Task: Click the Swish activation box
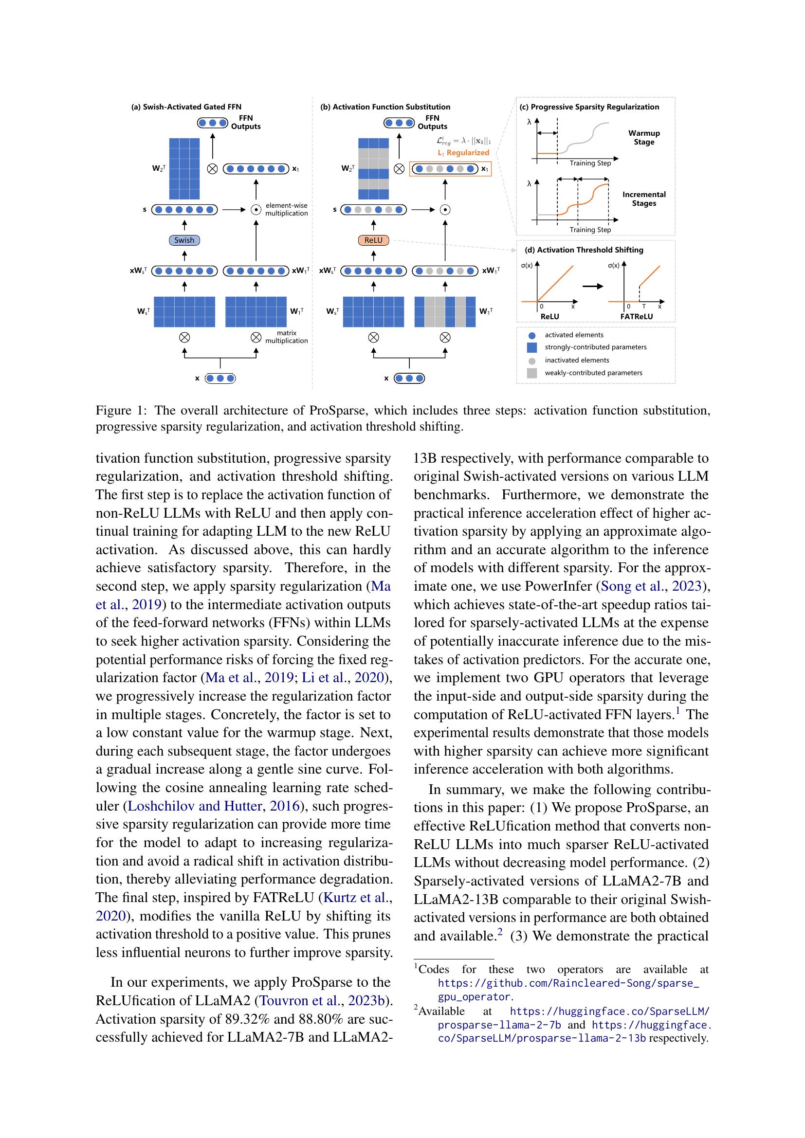pyautogui.click(x=184, y=240)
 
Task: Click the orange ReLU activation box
pyautogui.click(x=373, y=240)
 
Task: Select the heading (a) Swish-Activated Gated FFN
pyautogui.click(x=186, y=107)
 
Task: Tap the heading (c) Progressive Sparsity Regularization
pyautogui.click(x=589, y=107)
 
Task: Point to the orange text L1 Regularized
pyautogui.click(x=463, y=153)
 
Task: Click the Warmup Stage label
pyautogui.click(x=644, y=137)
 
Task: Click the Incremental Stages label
pyautogui.click(x=644, y=199)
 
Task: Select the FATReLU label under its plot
pyautogui.click(x=636, y=316)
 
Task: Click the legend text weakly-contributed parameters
pyautogui.click(x=593, y=373)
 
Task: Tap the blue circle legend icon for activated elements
pyautogui.click(x=532, y=335)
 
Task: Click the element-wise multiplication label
pyautogui.click(x=286, y=209)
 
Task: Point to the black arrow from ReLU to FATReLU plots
pyautogui.click(x=592, y=286)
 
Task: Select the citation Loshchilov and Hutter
pyautogui.click(x=195, y=806)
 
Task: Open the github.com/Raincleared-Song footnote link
pyautogui.click(x=568, y=983)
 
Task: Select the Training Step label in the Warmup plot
pyautogui.click(x=590, y=163)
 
